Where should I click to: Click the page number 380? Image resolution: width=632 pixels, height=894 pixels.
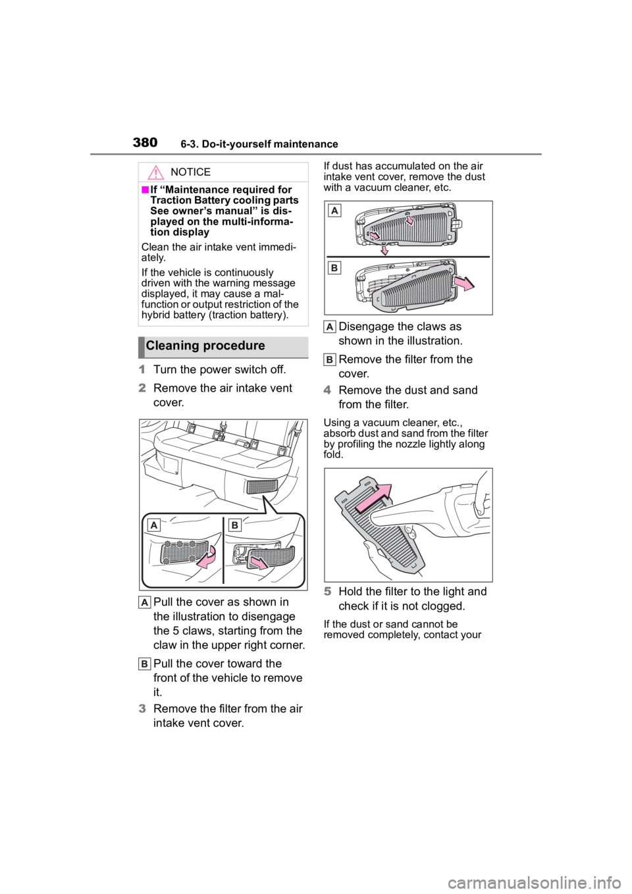(x=145, y=142)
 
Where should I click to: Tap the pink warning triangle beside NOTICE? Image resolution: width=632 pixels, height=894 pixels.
(x=155, y=172)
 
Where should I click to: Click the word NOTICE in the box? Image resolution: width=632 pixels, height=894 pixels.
(x=190, y=172)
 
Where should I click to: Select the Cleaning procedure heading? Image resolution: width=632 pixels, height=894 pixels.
(x=205, y=346)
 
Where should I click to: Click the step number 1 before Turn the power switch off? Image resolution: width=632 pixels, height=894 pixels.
(x=142, y=369)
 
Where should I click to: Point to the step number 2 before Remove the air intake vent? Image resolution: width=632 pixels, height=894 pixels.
(x=142, y=388)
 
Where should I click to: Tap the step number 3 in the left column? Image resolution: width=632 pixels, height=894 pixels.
(x=142, y=709)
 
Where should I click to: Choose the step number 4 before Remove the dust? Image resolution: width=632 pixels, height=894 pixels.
(x=328, y=390)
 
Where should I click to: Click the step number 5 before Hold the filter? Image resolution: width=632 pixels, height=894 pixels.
(x=328, y=591)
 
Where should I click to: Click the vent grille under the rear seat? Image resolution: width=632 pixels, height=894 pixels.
(x=262, y=486)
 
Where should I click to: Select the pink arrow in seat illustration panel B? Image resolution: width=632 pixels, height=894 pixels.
(x=259, y=563)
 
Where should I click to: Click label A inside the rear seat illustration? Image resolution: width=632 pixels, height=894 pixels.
(x=153, y=525)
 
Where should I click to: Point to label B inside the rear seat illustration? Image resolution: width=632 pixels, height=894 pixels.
(x=234, y=525)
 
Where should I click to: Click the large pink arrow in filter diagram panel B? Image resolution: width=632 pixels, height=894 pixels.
(x=464, y=284)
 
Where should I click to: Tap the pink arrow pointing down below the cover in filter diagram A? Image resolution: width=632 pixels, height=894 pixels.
(x=384, y=250)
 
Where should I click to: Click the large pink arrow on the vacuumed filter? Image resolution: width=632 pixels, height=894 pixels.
(x=374, y=498)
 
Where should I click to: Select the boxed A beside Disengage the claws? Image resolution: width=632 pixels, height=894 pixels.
(x=330, y=327)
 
